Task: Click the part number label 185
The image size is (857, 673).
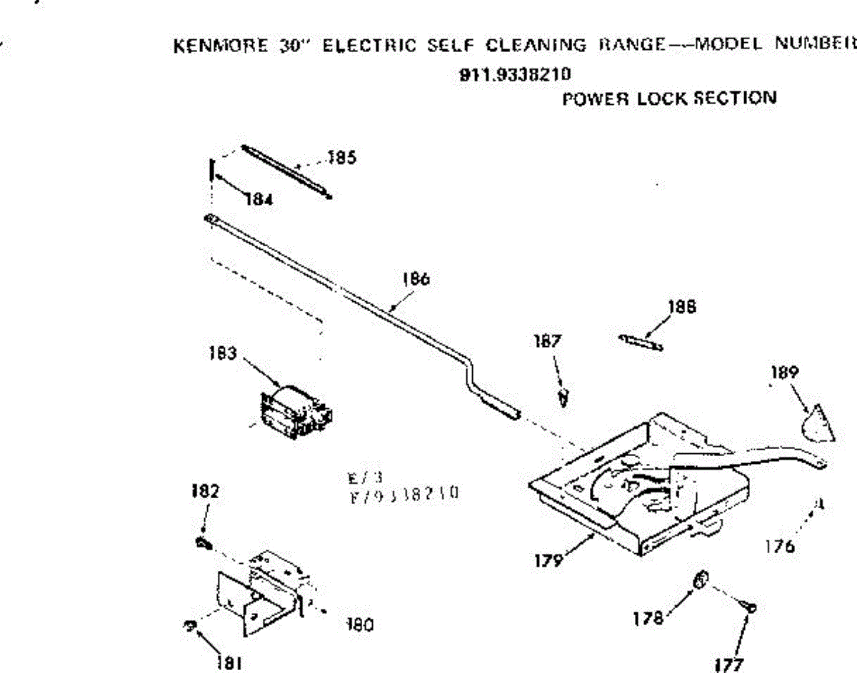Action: point(342,158)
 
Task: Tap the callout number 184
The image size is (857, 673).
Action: point(257,200)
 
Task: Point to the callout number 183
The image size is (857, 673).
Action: point(223,353)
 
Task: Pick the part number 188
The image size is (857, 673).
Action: point(682,308)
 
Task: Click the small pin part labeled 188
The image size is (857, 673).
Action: point(641,341)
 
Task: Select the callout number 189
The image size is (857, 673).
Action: point(785,372)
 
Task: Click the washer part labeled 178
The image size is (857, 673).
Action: point(701,580)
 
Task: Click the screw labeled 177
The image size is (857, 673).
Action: point(748,608)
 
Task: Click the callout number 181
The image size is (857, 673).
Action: point(228,661)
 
